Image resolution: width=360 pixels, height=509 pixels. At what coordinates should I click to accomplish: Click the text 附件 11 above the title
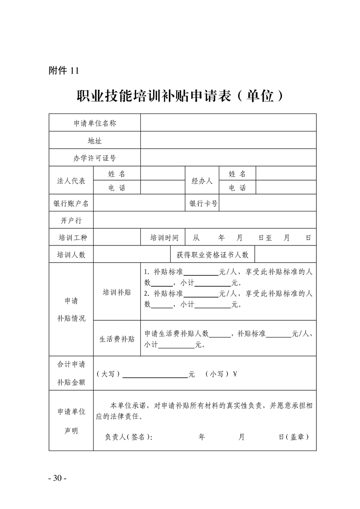tap(64, 70)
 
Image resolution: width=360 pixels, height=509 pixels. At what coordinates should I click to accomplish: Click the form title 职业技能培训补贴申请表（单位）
tap(180, 96)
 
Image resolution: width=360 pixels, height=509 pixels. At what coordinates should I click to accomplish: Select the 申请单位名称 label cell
tap(94, 123)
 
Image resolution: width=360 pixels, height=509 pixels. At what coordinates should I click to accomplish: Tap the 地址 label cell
tap(94, 141)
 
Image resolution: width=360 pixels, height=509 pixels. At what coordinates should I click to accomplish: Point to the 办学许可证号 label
tap(94, 158)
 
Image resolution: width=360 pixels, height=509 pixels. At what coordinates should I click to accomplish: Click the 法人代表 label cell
tap(71, 181)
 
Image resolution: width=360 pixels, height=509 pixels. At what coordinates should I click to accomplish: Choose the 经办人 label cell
tap(202, 181)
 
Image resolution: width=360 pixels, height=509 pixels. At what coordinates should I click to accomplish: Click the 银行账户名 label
tap(71, 204)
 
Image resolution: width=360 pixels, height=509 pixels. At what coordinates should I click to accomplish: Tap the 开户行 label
tap(71, 220)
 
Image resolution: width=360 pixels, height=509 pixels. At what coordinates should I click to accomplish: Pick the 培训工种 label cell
tap(71, 238)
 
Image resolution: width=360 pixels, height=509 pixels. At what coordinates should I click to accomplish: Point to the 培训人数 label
tap(71, 254)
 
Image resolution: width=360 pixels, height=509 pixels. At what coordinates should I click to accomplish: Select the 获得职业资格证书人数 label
tap(212, 254)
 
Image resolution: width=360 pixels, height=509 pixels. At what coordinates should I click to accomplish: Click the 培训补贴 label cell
tap(117, 292)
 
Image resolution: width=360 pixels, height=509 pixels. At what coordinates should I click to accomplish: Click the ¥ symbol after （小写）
tap(235, 374)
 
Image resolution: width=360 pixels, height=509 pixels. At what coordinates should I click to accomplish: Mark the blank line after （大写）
tap(155, 376)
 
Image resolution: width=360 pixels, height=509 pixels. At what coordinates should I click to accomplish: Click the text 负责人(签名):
tap(129, 437)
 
